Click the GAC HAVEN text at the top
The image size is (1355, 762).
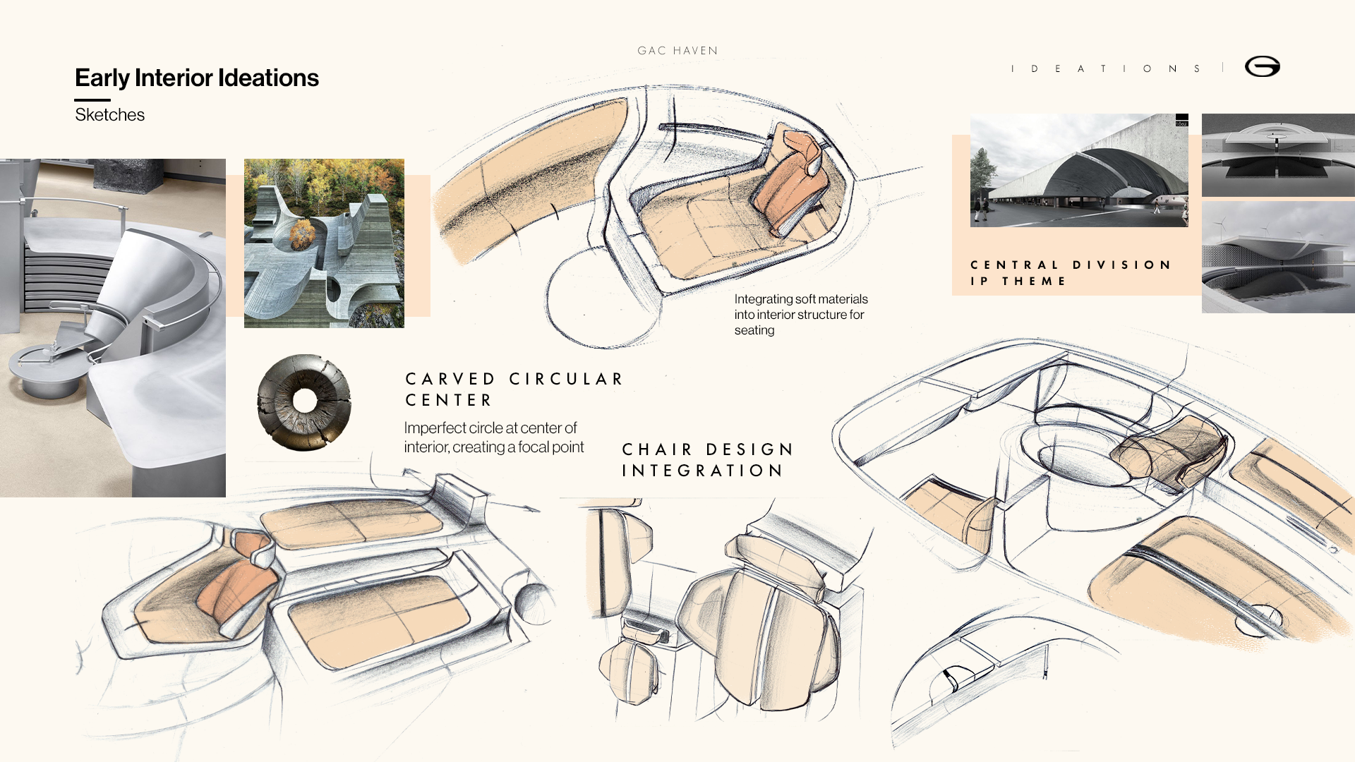[x=677, y=51]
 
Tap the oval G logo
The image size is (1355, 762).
[x=1262, y=66]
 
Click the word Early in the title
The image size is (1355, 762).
[x=102, y=78]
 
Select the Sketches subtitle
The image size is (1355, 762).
[x=109, y=115]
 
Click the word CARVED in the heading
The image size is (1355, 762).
[x=451, y=380]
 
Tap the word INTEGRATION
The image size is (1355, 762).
[x=703, y=471]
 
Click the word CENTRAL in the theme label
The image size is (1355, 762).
[x=1015, y=265]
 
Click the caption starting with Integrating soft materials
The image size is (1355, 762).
[x=800, y=315]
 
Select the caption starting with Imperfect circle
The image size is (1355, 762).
[x=493, y=437]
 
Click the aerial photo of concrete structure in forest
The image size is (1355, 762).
[x=324, y=243]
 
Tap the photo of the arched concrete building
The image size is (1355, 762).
[x=1078, y=170]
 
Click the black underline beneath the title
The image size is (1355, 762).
[x=92, y=100]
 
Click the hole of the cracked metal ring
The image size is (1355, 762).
[x=305, y=401]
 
